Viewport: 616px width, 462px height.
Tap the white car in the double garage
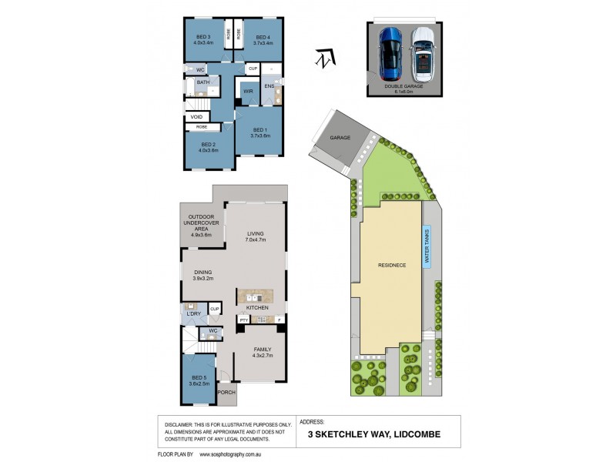[422, 54]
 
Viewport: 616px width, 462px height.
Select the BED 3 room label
[203, 40]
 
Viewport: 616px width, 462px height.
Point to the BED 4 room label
[263, 40]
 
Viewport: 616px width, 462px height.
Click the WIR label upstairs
[248, 91]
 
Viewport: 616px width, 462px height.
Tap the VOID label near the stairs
[196, 117]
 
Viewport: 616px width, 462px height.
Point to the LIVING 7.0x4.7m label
[256, 236]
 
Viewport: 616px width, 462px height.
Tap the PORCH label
[227, 392]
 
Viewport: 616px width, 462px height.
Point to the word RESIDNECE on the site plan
[391, 265]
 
